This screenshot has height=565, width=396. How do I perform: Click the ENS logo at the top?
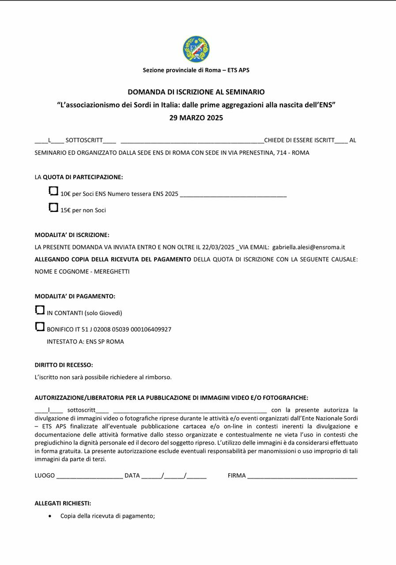click(x=196, y=49)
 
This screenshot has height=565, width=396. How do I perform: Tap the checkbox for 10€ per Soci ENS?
click(x=53, y=191)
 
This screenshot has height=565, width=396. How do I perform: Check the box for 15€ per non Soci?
click(x=53, y=207)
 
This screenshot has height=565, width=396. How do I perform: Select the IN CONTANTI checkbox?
click(x=40, y=310)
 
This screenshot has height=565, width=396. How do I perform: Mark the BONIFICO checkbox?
click(x=40, y=327)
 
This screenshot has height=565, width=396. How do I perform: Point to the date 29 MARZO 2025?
click(x=196, y=118)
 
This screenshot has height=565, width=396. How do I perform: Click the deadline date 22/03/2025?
click(x=218, y=247)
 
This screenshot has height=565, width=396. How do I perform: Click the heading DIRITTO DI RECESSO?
click(x=64, y=365)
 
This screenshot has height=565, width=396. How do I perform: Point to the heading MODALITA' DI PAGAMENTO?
click(x=75, y=296)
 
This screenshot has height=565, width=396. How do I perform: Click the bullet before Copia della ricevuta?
click(x=50, y=516)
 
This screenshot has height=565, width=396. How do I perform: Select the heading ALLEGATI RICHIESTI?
click(x=63, y=503)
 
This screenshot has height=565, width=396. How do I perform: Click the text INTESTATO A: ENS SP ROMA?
click(x=85, y=342)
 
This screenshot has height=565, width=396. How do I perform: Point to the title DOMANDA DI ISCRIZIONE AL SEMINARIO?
click(x=196, y=92)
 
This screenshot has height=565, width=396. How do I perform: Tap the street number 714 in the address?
click(x=281, y=153)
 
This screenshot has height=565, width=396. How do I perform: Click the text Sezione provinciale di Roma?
click(x=181, y=70)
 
